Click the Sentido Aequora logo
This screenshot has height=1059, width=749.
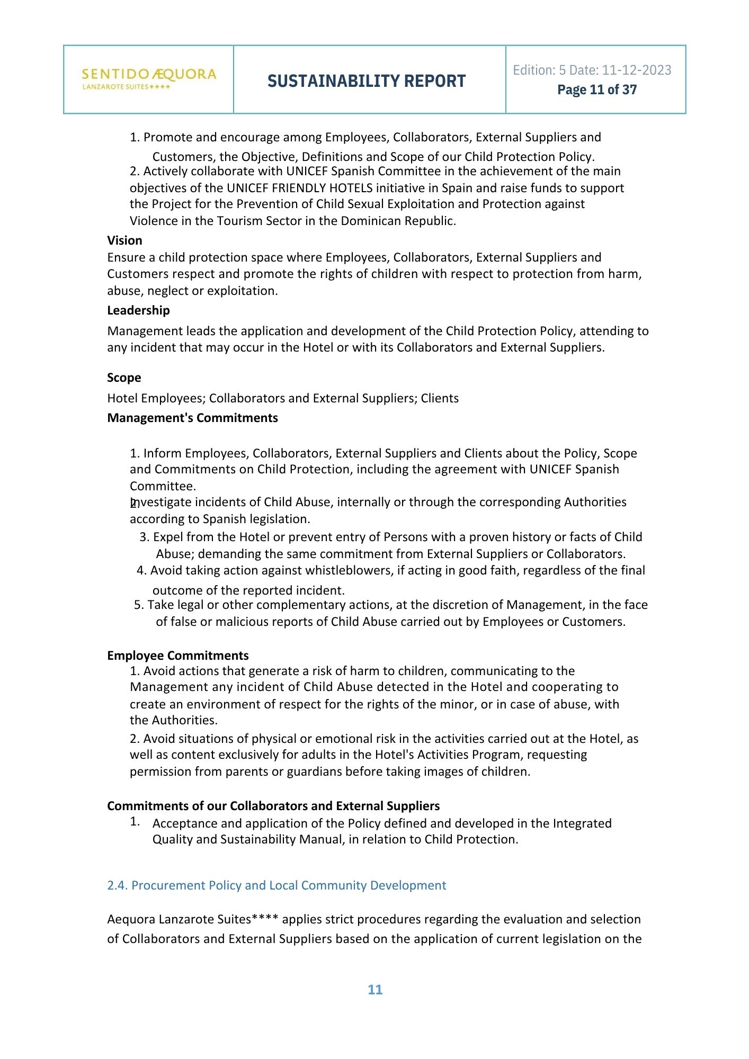pyautogui.click(x=149, y=79)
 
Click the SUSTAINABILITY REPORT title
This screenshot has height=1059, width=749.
pyautogui.click(x=367, y=81)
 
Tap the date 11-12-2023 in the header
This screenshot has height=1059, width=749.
pyautogui.click(x=636, y=70)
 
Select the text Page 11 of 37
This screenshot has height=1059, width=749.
pyautogui.click(x=596, y=90)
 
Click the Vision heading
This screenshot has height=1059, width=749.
pyautogui.click(x=124, y=240)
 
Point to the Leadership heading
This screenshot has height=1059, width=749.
pyautogui.click(x=138, y=310)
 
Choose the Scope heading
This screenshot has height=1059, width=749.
pyautogui.click(x=124, y=378)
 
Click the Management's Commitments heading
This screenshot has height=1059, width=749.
pyautogui.click(x=192, y=418)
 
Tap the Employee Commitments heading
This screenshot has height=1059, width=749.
pyautogui.click(x=177, y=656)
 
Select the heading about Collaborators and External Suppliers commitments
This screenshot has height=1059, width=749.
pyautogui.click(x=273, y=806)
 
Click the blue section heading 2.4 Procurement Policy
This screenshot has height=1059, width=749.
pyautogui.click(x=277, y=885)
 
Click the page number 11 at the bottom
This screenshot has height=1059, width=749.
pyautogui.click(x=375, y=990)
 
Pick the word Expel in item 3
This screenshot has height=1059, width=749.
pyautogui.click(x=167, y=537)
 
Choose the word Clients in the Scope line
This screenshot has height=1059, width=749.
pyautogui.click(x=440, y=398)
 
